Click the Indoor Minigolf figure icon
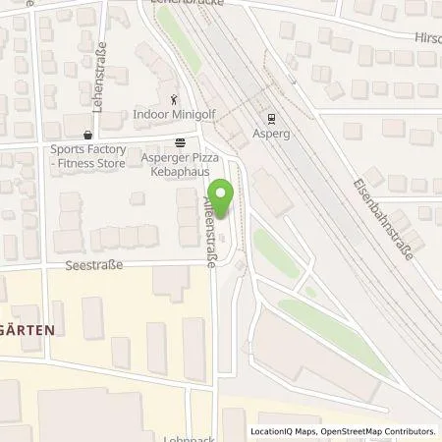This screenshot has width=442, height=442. pos(174,98)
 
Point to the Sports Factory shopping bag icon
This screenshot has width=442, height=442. pos(88,135)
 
